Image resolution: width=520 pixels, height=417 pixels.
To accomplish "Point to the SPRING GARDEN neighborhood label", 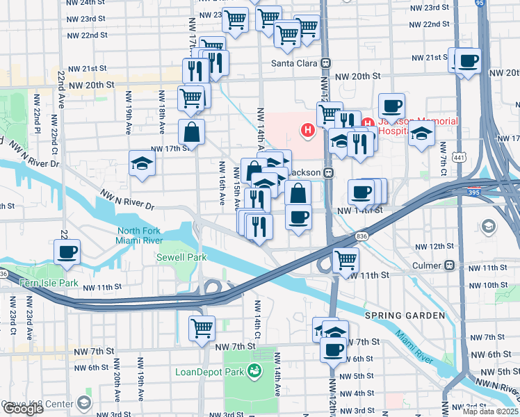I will (412, 316).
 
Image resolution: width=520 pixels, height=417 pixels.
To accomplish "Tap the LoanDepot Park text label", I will (213, 372).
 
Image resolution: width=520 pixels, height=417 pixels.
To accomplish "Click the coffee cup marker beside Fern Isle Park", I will (67, 252).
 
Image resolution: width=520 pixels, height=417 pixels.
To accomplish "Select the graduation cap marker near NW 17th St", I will (142, 164).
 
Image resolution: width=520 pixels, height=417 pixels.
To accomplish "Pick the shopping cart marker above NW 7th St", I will (202, 327).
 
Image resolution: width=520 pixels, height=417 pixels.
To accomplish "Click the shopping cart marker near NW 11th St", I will (346, 260).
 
